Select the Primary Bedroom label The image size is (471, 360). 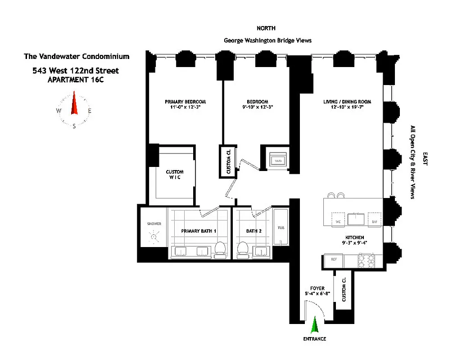coord(185,102)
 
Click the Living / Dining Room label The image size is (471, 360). coord(347,102)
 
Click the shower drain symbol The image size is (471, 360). coord(155,235)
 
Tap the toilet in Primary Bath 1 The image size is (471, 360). coord(220,251)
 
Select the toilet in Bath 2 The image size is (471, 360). coord(243,251)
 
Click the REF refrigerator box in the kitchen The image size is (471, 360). coord(334,260)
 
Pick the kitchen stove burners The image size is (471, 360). coord(366,261)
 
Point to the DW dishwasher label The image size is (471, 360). coord(374,222)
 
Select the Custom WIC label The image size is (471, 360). coord(175,175)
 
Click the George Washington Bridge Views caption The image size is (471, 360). coord(267,40)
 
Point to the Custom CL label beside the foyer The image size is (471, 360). coord(344,289)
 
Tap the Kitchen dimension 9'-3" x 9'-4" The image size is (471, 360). coord(355,243)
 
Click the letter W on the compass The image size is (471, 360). coord(59,111)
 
